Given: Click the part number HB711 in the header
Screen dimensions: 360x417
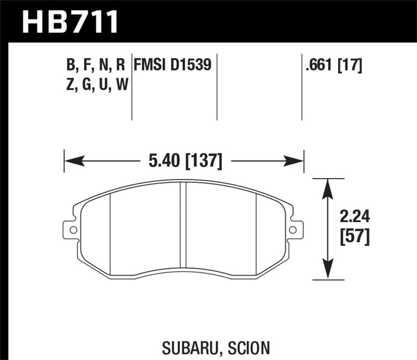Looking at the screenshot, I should point(70,22).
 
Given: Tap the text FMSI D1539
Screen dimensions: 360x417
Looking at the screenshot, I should point(173,65).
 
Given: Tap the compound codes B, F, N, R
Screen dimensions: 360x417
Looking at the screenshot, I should point(96,65).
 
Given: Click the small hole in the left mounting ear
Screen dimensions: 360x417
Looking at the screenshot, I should point(72,229).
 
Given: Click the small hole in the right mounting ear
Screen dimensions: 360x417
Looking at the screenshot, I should point(293,229).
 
